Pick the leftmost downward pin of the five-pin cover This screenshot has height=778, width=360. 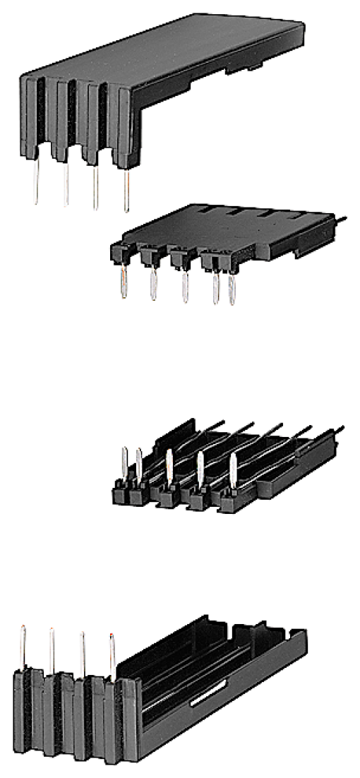click(124, 282)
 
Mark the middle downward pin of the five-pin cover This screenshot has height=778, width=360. click(185, 287)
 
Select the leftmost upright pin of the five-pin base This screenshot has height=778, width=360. click(125, 462)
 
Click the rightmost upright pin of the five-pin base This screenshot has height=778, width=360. click(233, 471)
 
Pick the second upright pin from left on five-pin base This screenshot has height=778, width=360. click(139, 464)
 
